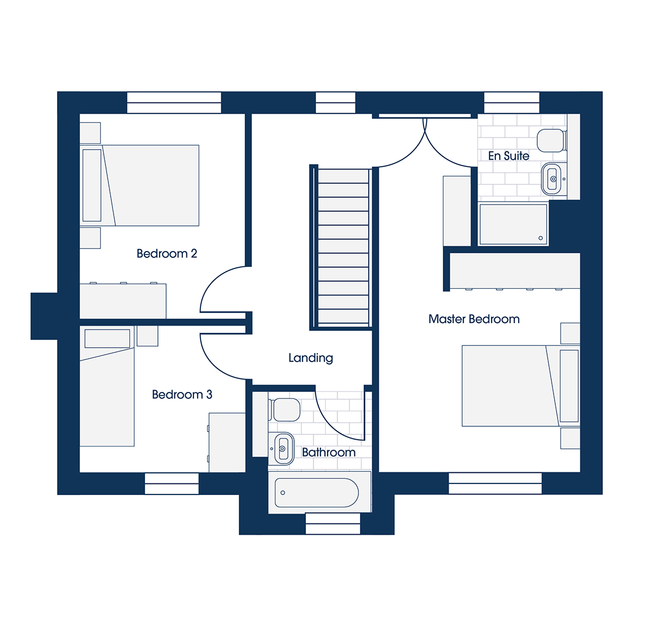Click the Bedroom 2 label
click(x=167, y=254)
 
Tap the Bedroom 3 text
click(x=182, y=394)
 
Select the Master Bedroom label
click(x=474, y=319)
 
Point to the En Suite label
click(x=509, y=156)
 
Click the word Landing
click(x=311, y=358)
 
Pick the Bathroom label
click(x=329, y=453)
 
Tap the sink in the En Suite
click(x=552, y=179)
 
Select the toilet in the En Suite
click(x=551, y=140)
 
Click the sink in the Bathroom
click(x=283, y=449)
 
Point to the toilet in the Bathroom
click(x=285, y=409)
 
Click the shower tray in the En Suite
click(x=513, y=224)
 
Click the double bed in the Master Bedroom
click(x=521, y=386)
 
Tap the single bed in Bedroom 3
click(x=107, y=387)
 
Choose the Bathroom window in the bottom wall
click(x=333, y=524)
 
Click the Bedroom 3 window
click(x=172, y=483)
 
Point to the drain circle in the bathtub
click(x=283, y=493)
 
